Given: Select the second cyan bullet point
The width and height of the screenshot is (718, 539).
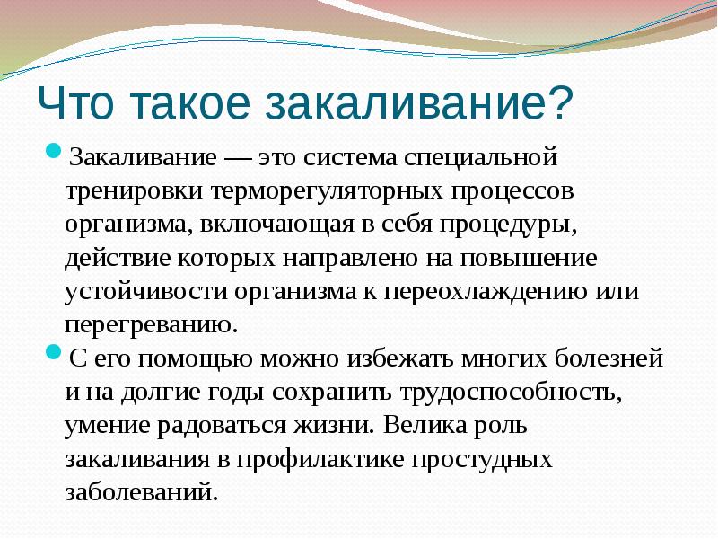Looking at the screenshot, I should tap(53, 352).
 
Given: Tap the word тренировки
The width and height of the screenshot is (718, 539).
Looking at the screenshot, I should tap(134, 191).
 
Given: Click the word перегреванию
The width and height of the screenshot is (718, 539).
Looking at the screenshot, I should tap(151, 324).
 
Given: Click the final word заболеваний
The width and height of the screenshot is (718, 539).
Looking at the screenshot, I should tap(141, 492).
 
